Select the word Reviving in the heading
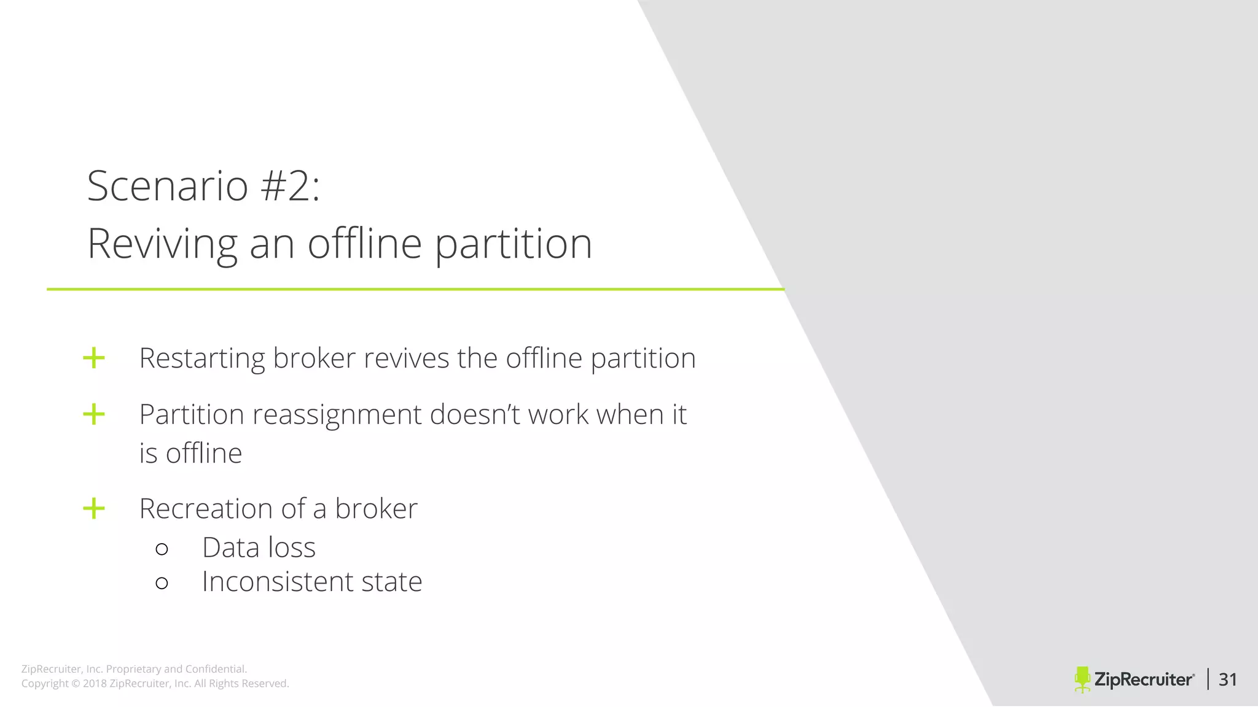162,244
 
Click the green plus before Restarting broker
94,358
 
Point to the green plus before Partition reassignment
94,414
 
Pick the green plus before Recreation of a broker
94,508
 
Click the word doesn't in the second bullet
474,414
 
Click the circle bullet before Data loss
162,549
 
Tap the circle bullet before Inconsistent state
162,582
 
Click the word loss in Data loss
292,547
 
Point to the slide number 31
1227,679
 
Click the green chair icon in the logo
1082,679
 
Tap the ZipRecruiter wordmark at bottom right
1144,679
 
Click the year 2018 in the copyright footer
95,684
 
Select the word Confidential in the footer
216,669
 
